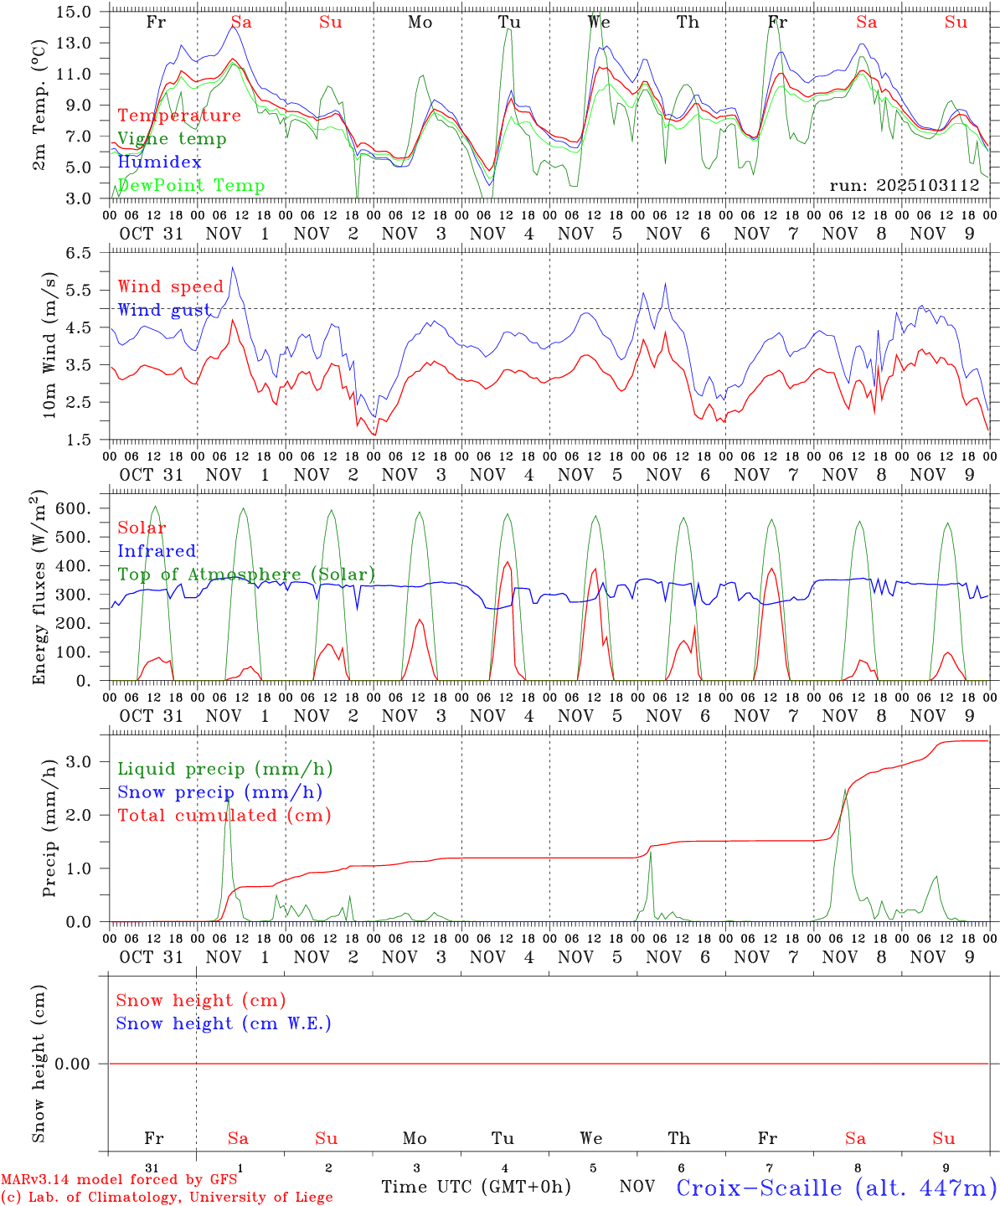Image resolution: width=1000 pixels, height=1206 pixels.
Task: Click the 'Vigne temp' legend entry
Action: (x=172, y=139)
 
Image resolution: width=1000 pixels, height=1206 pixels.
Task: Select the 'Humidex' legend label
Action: (x=148, y=162)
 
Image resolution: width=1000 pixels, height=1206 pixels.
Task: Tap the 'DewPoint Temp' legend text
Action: (x=191, y=186)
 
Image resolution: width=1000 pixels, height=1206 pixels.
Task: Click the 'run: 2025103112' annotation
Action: (x=904, y=186)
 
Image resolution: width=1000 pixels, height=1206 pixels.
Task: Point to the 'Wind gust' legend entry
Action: (x=165, y=310)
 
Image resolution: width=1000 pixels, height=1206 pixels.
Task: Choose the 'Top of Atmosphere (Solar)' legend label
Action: (x=246, y=575)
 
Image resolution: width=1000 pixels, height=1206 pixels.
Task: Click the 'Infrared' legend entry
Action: (x=157, y=551)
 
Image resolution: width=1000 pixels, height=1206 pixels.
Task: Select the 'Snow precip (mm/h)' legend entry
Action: (x=219, y=792)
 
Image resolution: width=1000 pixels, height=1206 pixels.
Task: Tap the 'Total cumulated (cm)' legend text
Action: (x=224, y=816)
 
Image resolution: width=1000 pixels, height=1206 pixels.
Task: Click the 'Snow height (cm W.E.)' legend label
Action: (x=224, y=1023)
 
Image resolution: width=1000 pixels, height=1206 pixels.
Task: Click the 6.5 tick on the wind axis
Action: (x=82, y=253)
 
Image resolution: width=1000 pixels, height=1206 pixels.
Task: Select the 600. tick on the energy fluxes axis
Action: (x=78, y=508)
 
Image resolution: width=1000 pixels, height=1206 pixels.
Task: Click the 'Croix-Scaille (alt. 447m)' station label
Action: (x=837, y=1188)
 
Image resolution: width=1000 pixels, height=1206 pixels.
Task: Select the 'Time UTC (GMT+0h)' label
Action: (x=476, y=1187)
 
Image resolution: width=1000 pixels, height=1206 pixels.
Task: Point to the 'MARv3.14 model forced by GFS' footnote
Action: (x=119, y=1180)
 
